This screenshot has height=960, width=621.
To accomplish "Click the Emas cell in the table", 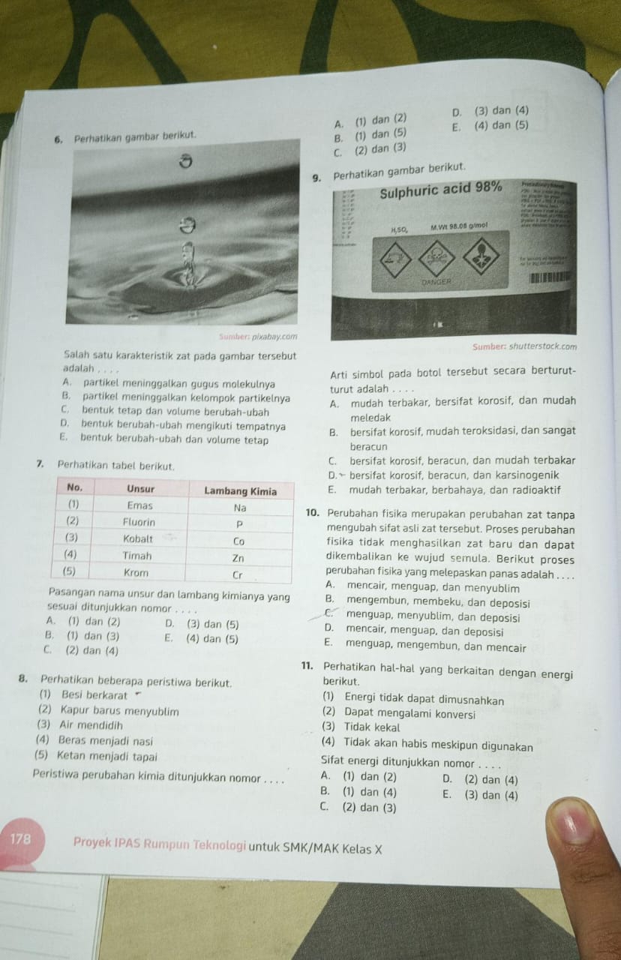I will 139,505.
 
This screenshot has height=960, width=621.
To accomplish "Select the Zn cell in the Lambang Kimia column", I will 238,558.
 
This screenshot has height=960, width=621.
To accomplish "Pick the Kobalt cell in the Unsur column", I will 139,539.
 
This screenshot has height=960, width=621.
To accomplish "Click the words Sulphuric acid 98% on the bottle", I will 441,189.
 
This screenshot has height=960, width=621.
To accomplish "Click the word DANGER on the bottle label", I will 435,283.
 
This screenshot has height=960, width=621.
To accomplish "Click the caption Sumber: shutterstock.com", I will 525,346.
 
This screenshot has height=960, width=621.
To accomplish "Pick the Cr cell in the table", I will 238,575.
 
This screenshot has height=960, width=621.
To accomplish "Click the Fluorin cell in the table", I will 139,522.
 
